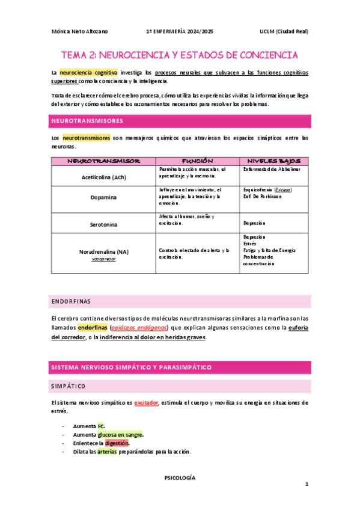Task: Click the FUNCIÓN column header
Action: click(194, 161)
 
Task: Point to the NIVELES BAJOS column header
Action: click(273, 161)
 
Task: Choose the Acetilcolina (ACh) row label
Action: click(104, 177)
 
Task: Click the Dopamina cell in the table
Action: click(104, 197)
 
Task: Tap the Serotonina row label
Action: click(104, 224)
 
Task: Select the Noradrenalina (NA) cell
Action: click(104, 251)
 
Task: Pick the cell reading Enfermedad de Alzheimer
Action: click(272, 170)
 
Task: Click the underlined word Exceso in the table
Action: click(282, 190)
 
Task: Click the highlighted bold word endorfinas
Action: click(92, 327)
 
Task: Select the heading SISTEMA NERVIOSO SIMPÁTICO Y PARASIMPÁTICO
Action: click(130, 367)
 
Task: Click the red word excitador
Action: click(146, 403)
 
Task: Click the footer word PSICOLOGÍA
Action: click(180, 478)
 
